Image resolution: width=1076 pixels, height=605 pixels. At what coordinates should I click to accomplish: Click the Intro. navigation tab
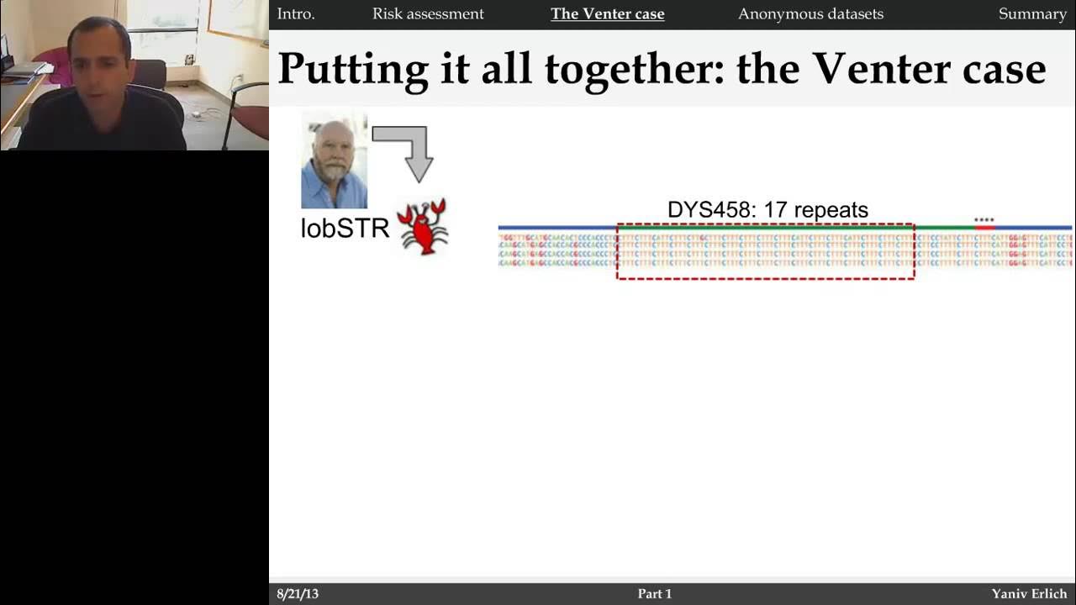(x=295, y=14)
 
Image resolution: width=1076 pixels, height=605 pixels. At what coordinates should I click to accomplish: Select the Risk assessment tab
(x=428, y=14)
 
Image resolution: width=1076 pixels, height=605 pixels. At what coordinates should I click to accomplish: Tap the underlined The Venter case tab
(x=607, y=14)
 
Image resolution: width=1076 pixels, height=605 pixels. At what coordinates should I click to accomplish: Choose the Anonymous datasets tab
(x=810, y=14)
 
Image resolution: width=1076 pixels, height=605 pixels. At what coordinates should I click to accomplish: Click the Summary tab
(x=1032, y=14)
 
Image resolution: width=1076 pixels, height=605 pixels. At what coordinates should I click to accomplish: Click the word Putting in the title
(x=353, y=69)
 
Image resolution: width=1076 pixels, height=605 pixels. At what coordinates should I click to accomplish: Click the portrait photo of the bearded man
(x=334, y=161)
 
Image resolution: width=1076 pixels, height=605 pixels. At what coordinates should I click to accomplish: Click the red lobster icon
(x=422, y=226)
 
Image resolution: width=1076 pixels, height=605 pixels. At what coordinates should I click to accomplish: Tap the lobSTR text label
(x=345, y=228)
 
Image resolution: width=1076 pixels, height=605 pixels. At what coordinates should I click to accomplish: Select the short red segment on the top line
(x=984, y=228)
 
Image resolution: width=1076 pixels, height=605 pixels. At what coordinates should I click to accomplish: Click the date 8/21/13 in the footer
(x=298, y=594)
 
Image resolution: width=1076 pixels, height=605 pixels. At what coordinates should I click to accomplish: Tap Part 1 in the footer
(x=655, y=594)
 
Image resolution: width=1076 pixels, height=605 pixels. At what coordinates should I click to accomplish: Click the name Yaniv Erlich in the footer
(x=1029, y=594)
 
